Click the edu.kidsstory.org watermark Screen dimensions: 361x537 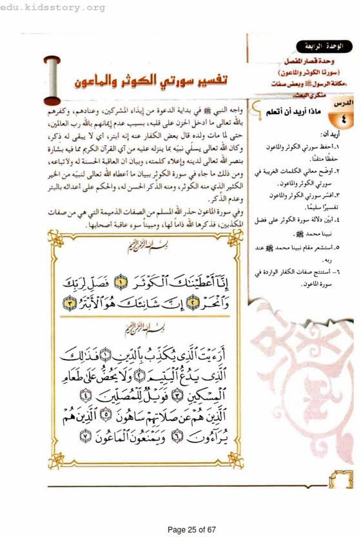(x=53, y=7)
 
